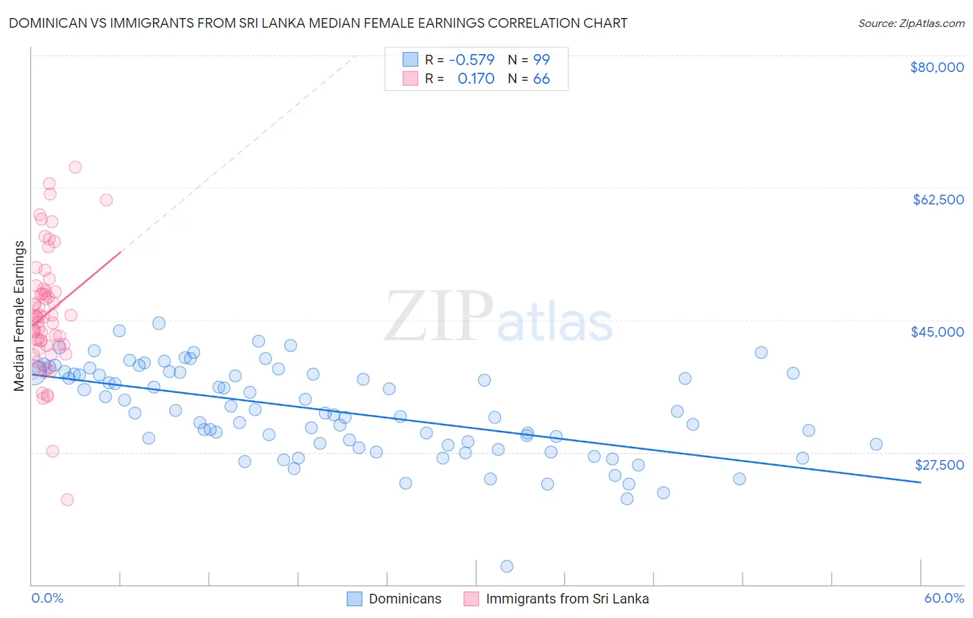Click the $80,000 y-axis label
pyautogui.click(x=936, y=67)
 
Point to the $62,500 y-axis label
pyautogui.click(x=938, y=200)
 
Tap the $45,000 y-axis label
pyautogui.click(x=937, y=332)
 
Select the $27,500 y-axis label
pyautogui.click(x=939, y=465)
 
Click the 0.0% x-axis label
pyautogui.click(x=47, y=598)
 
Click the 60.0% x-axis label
pyautogui.click(x=944, y=598)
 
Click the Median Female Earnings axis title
pyautogui.click(x=19, y=316)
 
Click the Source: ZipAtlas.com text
pyautogui.click(x=911, y=24)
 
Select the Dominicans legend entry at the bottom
pyautogui.click(x=405, y=599)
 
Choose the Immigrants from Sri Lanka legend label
pyautogui.click(x=567, y=599)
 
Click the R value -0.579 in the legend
pyautogui.click(x=471, y=60)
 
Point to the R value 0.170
pyautogui.click(x=475, y=79)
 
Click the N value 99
pyautogui.click(x=541, y=60)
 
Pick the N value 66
pyautogui.click(x=541, y=79)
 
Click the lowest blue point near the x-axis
pyautogui.click(x=507, y=566)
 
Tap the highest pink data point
pyautogui.click(x=75, y=167)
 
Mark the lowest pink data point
pyautogui.click(x=67, y=500)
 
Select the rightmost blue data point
pyautogui.click(x=876, y=444)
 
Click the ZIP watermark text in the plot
pyautogui.click(x=438, y=317)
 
